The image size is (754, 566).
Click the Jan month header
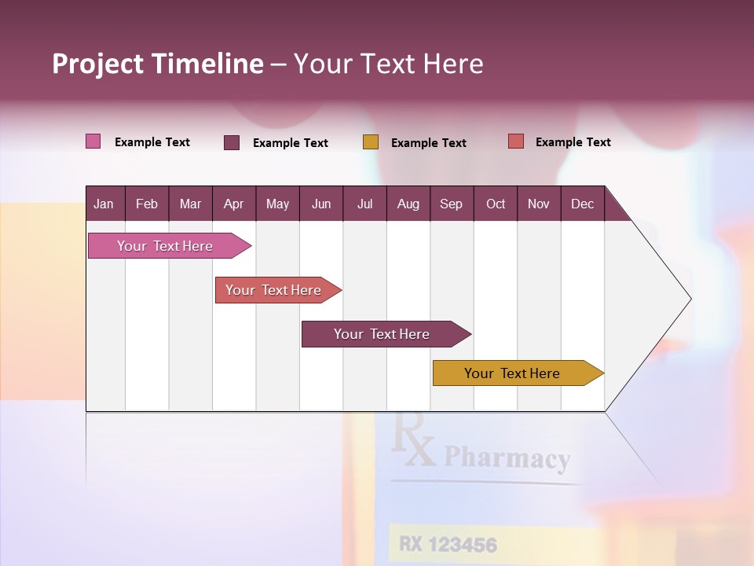pos(104,204)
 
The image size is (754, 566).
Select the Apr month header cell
pos(233,204)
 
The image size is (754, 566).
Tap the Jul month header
pos(364,204)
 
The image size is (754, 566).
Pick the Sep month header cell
pos(451,204)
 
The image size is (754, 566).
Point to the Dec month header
pos(582,204)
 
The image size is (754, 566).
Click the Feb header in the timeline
pos(147,204)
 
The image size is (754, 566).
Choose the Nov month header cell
pos(539,204)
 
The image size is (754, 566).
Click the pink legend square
pos(93,141)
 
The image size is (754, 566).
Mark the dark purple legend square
pos(232,142)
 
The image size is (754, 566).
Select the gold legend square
pos(371,142)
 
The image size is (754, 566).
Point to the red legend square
pos(516,141)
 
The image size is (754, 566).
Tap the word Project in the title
pos(97,64)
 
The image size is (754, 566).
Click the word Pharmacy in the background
pos(507,458)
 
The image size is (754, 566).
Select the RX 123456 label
pos(448,544)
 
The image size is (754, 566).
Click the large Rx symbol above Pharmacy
pos(413,443)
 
